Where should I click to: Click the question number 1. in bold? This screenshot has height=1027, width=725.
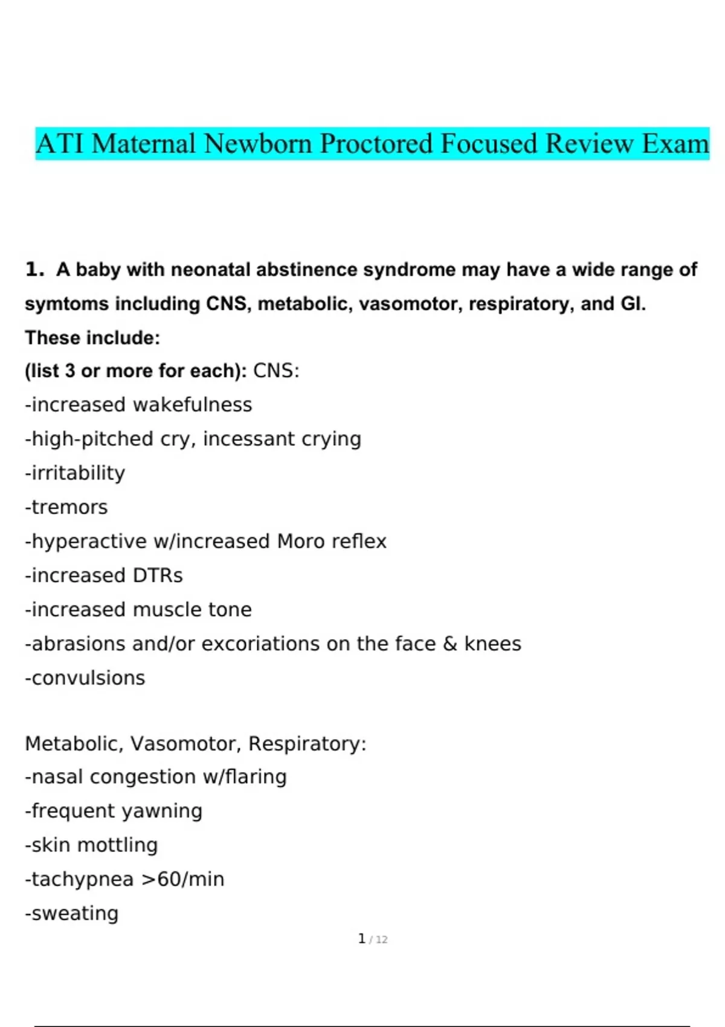point(34,269)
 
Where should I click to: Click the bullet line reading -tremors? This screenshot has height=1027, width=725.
point(66,507)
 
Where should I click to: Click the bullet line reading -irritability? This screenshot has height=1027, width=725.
point(75,473)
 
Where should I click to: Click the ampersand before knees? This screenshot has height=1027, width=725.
point(449,644)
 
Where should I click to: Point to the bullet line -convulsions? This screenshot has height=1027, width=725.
point(85,678)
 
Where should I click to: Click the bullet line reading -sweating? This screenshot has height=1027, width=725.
point(72,913)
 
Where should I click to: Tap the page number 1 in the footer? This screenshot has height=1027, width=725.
point(361,939)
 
